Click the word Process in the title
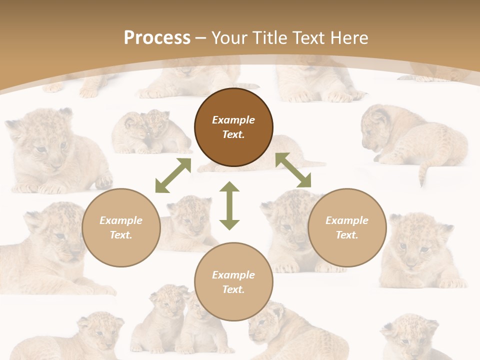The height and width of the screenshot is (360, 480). coord(157,38)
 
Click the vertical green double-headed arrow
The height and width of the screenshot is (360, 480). coord(229,205)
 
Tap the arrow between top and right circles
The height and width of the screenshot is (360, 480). coord(293,170)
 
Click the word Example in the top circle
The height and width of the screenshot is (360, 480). coord(233,120)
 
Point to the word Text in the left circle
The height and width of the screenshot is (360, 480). coord(121,235)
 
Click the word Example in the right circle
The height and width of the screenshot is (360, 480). coord(347,220)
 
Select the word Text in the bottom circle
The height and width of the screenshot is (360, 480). coord(233,289)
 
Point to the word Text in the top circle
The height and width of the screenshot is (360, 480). coord(233,134)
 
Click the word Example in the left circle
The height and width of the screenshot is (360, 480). coord(121,220)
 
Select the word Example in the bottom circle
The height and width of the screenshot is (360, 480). coord(233,275)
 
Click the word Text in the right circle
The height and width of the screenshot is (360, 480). coord(347,235)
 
